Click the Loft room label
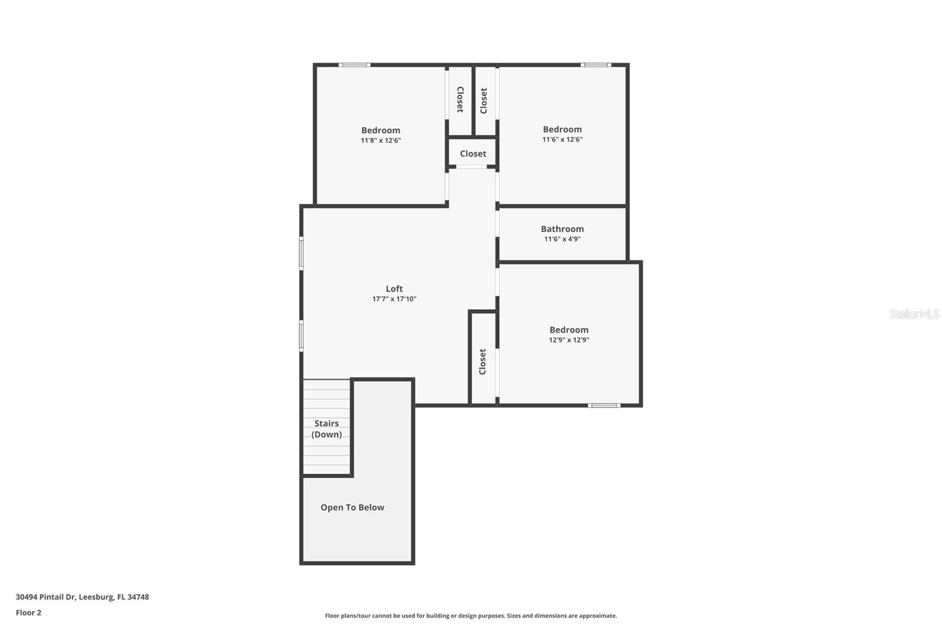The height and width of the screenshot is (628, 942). [x=394, y=289]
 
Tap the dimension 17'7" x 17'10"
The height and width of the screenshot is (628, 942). [x=394, y=299]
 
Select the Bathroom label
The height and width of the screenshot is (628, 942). [x=562, y=229]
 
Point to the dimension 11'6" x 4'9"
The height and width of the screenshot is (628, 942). [x=562, y=239]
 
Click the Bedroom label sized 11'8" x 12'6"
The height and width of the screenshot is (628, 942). [x=380, y=131]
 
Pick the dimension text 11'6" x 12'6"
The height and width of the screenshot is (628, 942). [x=562, y=140]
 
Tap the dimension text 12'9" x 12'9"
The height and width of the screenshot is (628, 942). [x=569, y=340]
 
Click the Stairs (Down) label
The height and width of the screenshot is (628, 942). [x=326, y=429]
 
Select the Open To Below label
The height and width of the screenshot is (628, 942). [x=352, y=507]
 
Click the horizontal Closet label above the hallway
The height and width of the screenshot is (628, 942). [x=473, y=154]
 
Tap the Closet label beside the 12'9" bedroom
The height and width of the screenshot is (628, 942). [x=483, y=362]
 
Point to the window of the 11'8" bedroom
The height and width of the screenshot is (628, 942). [x=354, y=65]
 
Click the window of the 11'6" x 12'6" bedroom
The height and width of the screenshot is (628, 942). [x=596, y=65]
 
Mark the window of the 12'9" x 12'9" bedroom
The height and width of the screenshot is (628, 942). [x=604, y=405]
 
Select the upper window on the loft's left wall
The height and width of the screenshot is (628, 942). [x=301, y=253]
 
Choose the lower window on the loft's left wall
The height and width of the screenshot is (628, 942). [x=301, y=336]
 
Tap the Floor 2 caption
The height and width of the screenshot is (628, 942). [x=28, y=613]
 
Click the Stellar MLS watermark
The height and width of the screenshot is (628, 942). [x=914, y=314]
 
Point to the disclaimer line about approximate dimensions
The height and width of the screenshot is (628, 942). [x=470, y=616]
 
